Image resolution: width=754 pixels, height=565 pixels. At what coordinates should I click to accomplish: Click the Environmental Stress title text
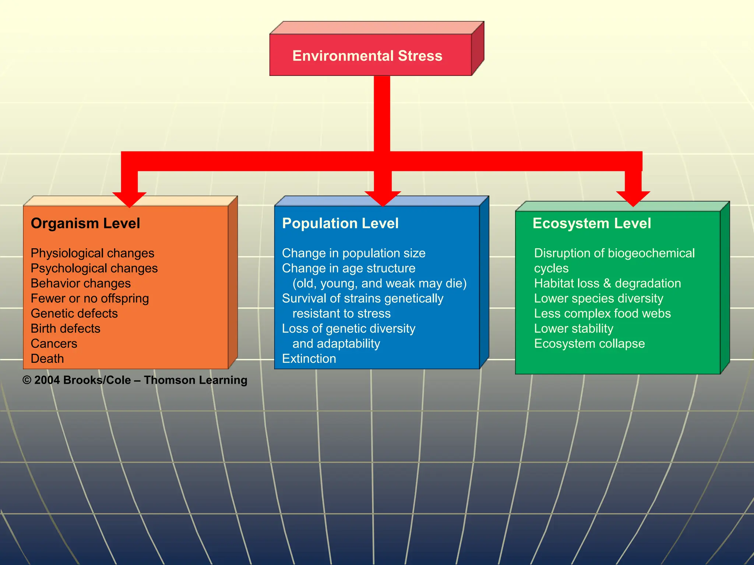tap(367, 56)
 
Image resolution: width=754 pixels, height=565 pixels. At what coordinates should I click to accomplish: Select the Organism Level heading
tap(85, 223)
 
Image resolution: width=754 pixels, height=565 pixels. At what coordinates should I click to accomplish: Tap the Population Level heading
tap(340, 223)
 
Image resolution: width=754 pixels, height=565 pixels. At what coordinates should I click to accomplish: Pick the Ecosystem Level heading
tap(592, 223)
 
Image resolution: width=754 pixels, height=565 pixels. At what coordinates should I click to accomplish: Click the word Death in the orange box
tap(47, 359)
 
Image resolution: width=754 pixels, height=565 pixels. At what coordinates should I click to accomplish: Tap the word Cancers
tap(54, 344)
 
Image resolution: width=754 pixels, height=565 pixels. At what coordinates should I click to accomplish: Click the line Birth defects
tap(66, 328)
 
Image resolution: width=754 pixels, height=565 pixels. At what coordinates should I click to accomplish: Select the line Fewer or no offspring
tap(90, 298)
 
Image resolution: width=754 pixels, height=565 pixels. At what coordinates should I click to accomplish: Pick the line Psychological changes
tap(94, 268)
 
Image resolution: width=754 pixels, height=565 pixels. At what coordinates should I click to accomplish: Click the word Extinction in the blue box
tap(309, 359)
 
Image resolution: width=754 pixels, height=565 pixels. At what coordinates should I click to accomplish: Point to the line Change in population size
tap(353, 253)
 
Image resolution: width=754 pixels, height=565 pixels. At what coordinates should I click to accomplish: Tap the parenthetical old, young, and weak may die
tap(379, 283)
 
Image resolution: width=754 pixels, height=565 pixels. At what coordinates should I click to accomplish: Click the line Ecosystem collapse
tap(589, 344)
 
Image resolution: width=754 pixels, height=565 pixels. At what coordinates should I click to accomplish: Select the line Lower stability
tap(574, 328)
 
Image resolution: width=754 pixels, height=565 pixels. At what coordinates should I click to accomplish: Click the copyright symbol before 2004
tap(27, 380)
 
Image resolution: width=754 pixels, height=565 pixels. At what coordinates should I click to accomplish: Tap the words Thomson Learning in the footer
tap(195, 380)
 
